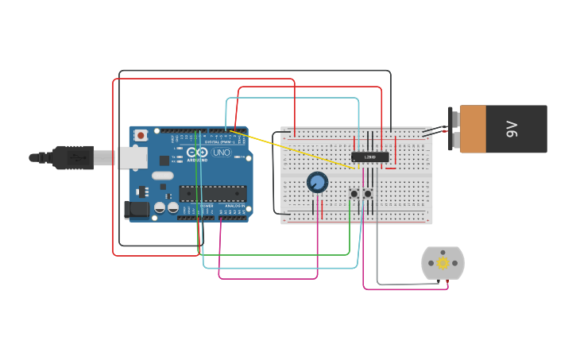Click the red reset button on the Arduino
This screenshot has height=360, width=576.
[x=141, y=136]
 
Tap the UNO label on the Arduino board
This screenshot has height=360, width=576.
[x=221, y=152]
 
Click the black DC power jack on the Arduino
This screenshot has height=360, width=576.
[x=136, y=210]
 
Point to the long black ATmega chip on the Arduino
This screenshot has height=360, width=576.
[x=212, y=193]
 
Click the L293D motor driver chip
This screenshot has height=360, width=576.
[x=370, y=157]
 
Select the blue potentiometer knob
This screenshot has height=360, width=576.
[x=317, y=183]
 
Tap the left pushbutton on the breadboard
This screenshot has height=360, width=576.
[x=354, y=193]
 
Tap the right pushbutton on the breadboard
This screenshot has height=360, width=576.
[x=368, y=193]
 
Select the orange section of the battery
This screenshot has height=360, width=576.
[x=473, y=129]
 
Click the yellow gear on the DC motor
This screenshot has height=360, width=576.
[x=443, y=263]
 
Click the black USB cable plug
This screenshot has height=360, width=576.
[x=72, y=157]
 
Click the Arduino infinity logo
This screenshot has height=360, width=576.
[x=197, y=152]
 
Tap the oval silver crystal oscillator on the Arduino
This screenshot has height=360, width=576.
[x=162, y=176]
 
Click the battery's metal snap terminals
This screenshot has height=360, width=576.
[x=454, y=129]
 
